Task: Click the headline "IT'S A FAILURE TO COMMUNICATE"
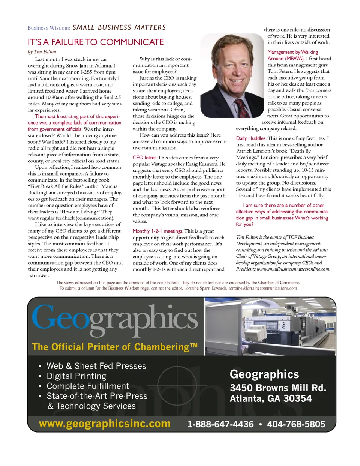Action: click(x=96, y=42)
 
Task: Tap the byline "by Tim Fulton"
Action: click(x=42, y=52)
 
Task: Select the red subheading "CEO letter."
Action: click(x=144, y=158)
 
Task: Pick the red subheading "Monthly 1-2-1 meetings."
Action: click(x=157, y=231)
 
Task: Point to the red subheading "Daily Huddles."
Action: click(x=251, y=138)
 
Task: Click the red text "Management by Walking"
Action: click(x=292, y=52)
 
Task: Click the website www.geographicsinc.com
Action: click(x=105, y=424)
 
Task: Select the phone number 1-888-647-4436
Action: click(x=220, y=424)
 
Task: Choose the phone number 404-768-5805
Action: click(x=296, y=424)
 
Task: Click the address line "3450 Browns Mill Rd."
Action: click(x=278, y=388)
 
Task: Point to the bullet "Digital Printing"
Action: click(x=76, y=376)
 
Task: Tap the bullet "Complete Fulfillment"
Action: click(x=87, y=386)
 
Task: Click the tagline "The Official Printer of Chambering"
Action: click(x=114, y=347)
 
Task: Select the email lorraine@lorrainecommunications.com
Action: click(x=262, y=289)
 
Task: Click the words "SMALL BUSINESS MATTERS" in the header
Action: click(x=119, y=27)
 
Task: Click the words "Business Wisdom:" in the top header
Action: click(x=49, y=28)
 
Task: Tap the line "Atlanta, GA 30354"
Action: click(x=271, y=398)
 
